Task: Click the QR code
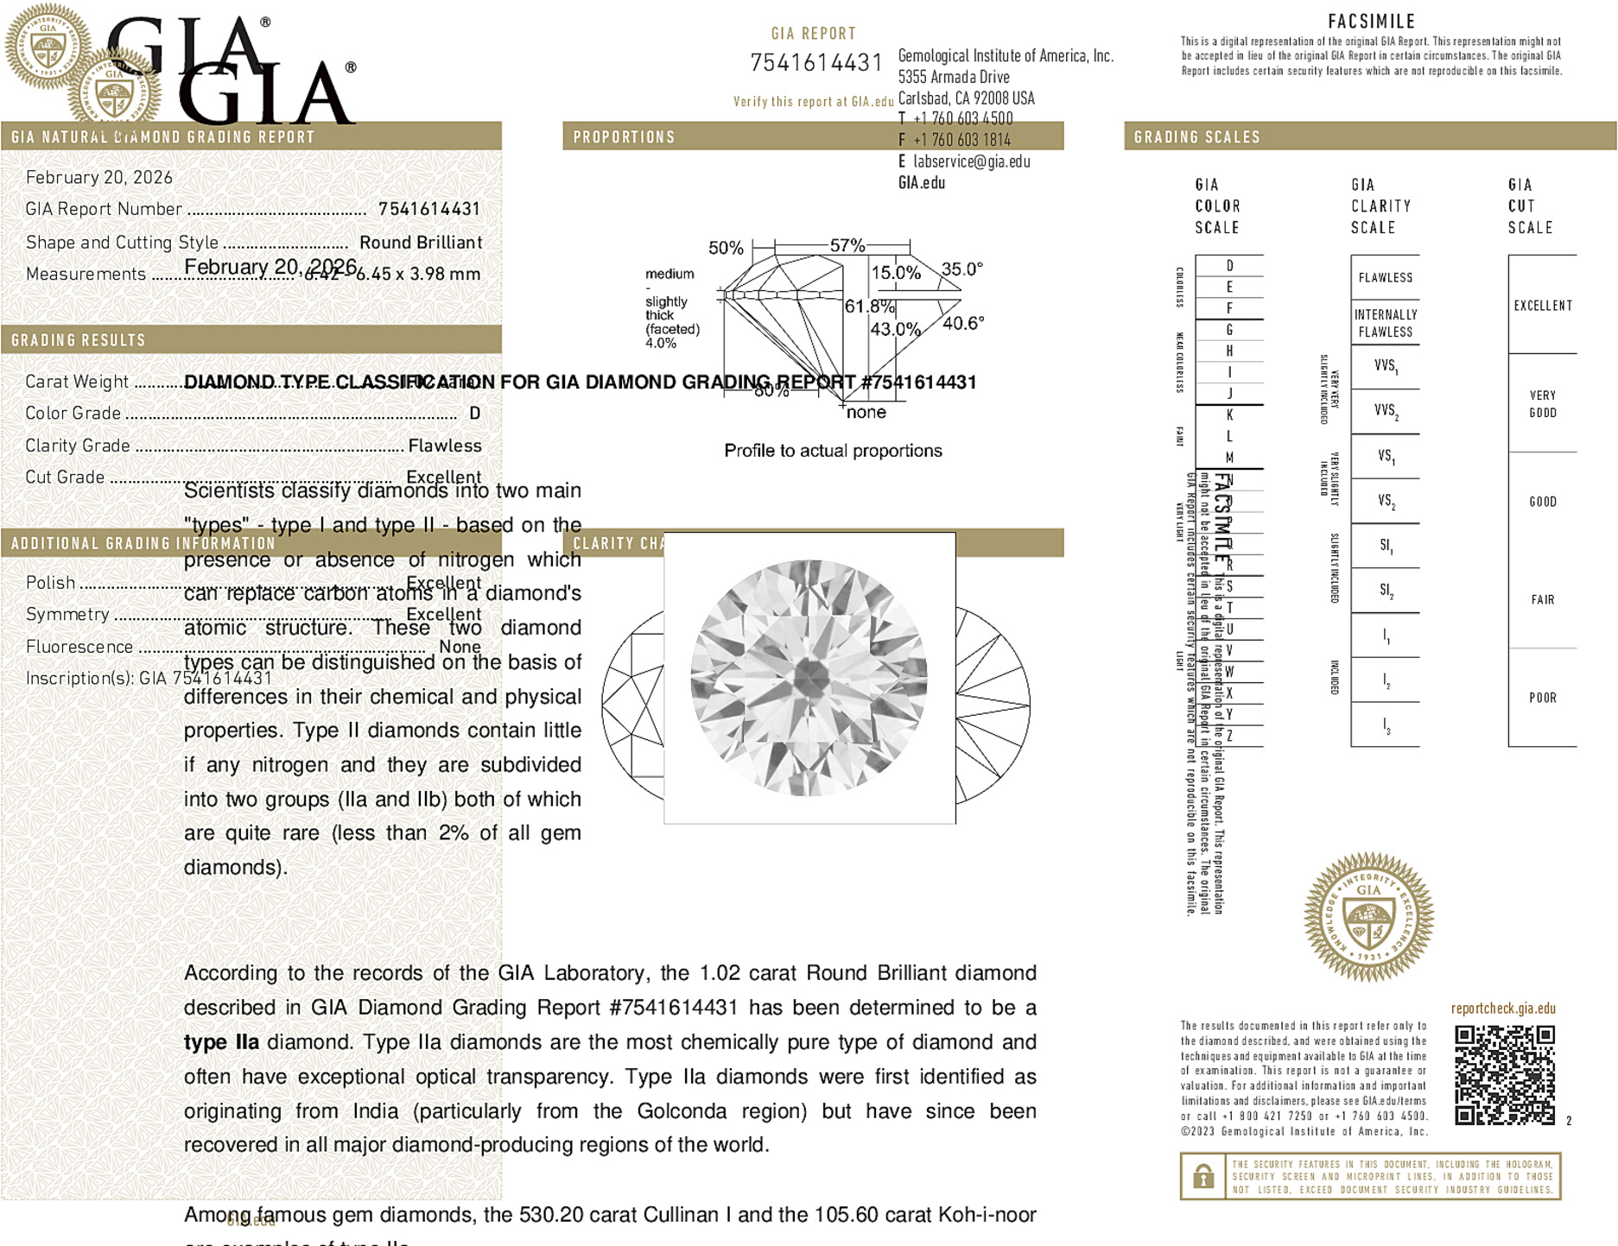click(x=1504, y=1075)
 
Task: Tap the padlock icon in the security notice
click(x=1202, y=1176)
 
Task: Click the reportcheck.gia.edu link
click(x=1503, y=1009)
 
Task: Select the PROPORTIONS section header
click(x=624, y=137)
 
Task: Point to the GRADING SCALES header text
click(x=1196, y=137)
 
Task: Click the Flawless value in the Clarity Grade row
click(x=445, y=446)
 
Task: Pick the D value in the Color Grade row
click(x=474, y=414)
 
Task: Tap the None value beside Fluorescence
click(x=460, y=647)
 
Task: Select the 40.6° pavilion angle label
click(x=963, y=323)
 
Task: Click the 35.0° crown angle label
click(x=961, y=269)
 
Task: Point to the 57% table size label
click(x=847, y=245)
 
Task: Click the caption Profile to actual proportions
click(x=833, y=451)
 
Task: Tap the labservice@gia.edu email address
click(x=971, y=161)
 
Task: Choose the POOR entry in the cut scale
click(x=1542, y=698)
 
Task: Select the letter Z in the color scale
click(x=1229, y=736)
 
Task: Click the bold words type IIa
click(x=221, y=1042)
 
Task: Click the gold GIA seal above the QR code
click(x=1368, y=917)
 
